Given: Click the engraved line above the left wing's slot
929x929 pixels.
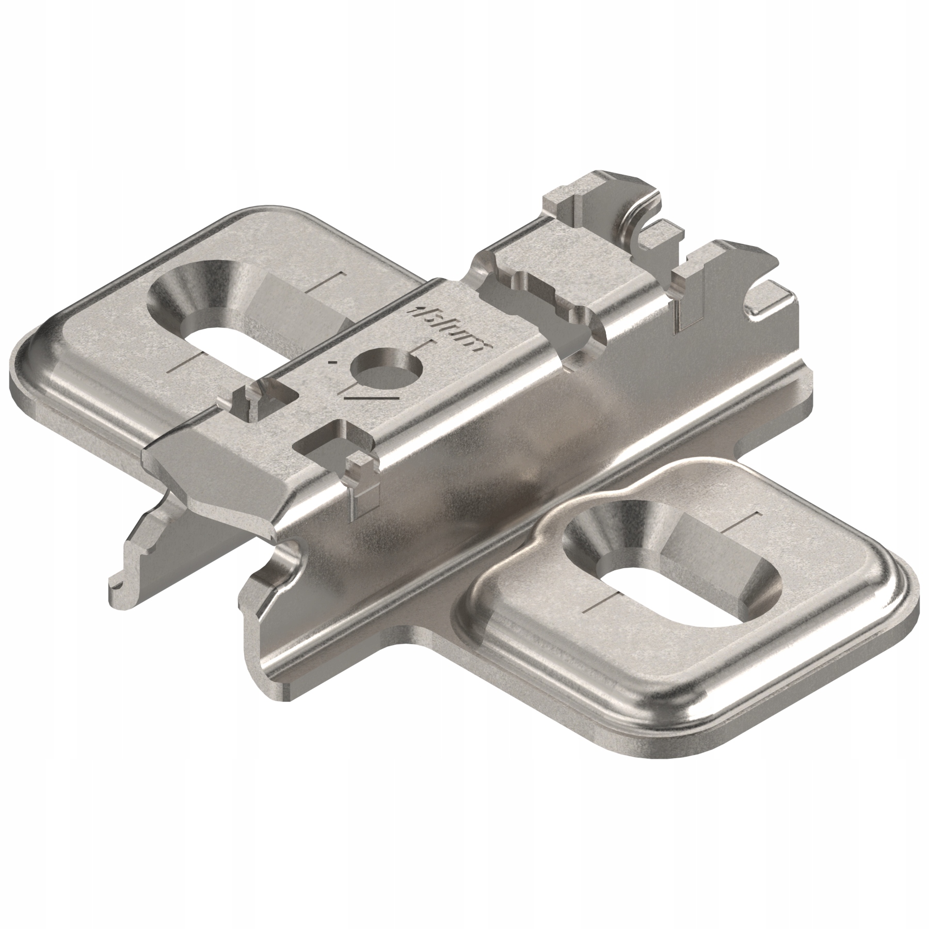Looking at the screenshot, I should (326, 283).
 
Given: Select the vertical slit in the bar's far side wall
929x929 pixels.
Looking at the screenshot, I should (686, 305).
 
